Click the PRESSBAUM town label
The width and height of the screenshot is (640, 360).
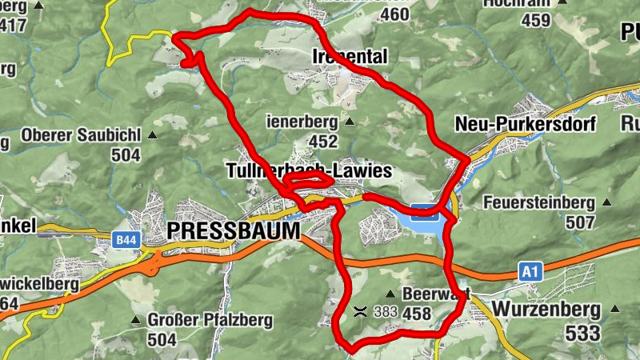click(234, 231)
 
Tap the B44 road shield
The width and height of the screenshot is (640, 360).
click(125, 239)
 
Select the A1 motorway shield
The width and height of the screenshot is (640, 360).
click(530, 272)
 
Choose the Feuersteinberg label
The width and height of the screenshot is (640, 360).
click(538, 202)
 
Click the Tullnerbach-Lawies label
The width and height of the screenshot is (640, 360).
click(309, 171)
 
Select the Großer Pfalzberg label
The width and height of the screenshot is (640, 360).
click(210, 321)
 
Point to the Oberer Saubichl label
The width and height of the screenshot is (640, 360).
click(82, 134)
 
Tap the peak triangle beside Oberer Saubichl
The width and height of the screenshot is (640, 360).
click(152, 134)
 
